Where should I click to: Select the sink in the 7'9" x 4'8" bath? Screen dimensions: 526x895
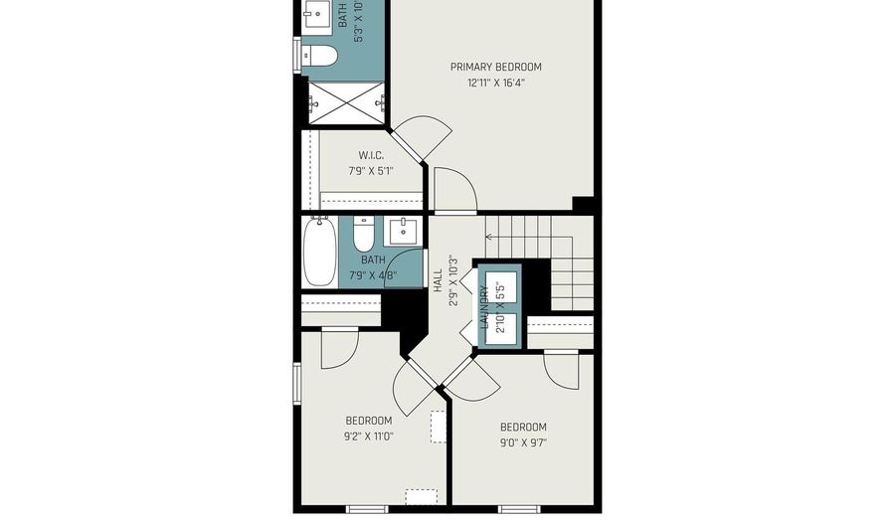[x=403, y=232]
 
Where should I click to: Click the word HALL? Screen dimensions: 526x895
[x=438, y=279]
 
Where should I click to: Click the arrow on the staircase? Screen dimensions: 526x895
[x=490, y=237]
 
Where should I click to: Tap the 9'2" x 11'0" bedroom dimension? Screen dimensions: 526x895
[x=368, y=436]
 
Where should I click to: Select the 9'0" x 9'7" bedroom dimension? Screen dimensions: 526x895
[x=523, y=442]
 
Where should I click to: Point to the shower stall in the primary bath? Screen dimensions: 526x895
[x=345, y=101]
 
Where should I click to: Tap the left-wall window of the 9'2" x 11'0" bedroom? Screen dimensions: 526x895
[x=295, y=383]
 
